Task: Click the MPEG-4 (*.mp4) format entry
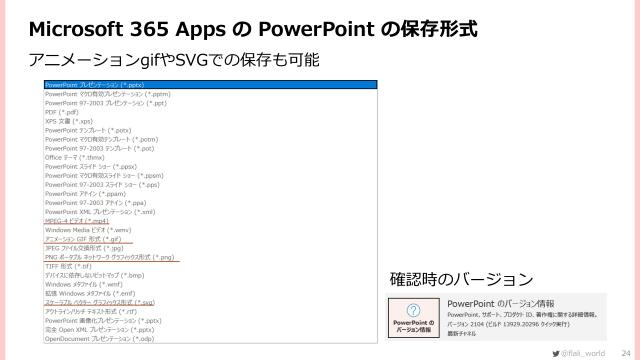[79, 220]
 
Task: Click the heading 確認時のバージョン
[461, 277]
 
